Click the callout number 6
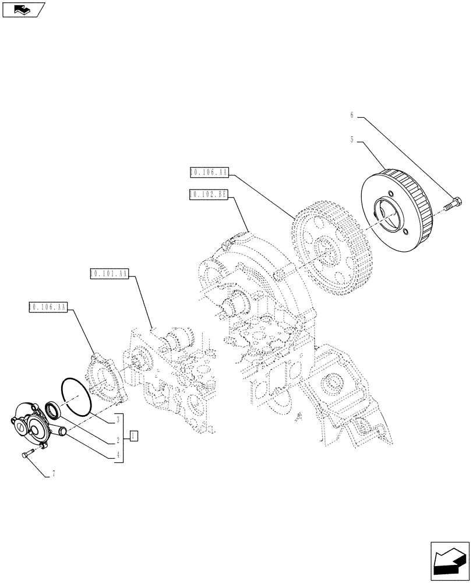point(352,115)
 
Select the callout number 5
point(352,140)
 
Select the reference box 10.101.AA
point(110,273)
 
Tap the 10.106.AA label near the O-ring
point(48,306)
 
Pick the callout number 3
point(118,418)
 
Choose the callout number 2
point(118,440)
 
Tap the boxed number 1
point(133,435)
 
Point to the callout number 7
point(53,474)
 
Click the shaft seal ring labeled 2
point(52,409)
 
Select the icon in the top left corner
point(24,9)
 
